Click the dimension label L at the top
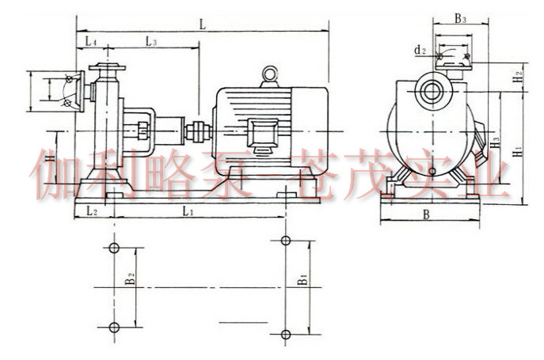203,25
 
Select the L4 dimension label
91,42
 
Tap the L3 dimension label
151,42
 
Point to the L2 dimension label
92,210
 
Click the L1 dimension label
188,210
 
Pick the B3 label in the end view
460,18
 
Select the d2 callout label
420,50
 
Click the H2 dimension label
518,77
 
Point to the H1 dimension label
518,151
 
